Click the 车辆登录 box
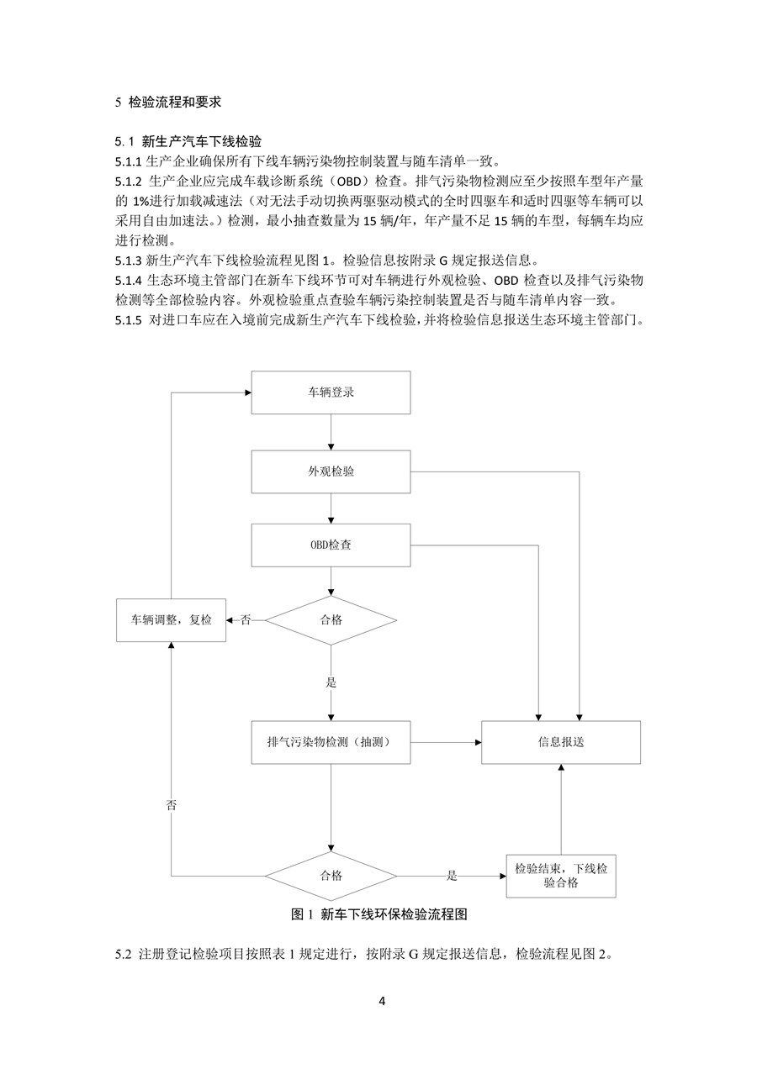[x=331, y=392]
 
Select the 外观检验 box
[x=331, y=471]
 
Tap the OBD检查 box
[x=331, y=545]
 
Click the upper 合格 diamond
[x=331, y=620]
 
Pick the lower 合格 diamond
[x=331, y=876]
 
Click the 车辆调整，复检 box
[x=172, y=620]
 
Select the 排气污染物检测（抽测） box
[x=331, y=742]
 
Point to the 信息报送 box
[x=561, y=742]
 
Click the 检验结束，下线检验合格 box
[x=561, y=876]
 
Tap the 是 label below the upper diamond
[x=331, y=682]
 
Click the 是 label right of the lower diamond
[x=452, y=876]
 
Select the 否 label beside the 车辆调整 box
[x=246, y=620]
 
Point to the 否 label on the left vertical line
[x=172, y=804]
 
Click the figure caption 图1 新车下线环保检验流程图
[x=389, y=914]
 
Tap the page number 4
[x=382, y=1001]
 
